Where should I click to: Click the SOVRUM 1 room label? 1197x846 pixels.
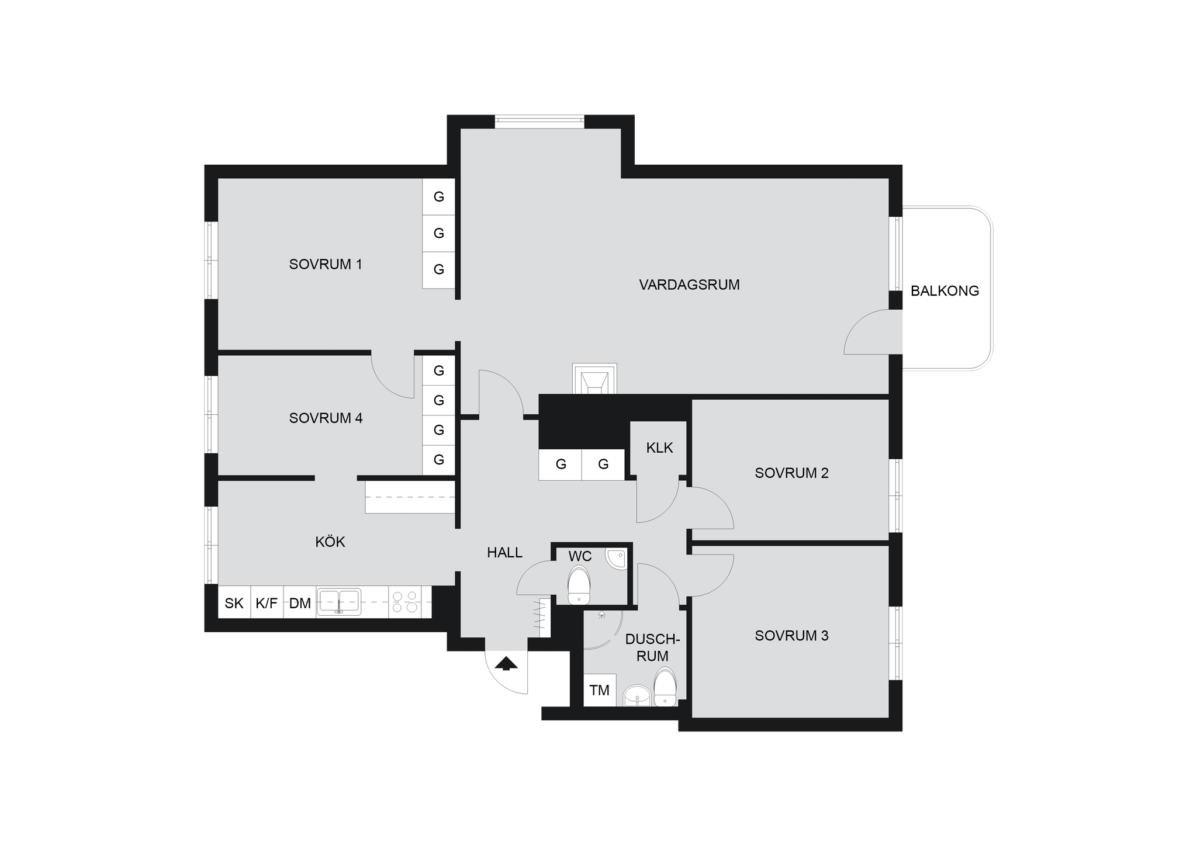pyautogui.click(x=326, y=264)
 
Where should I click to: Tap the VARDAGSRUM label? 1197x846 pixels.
pyautogui.click(x=689, y=285)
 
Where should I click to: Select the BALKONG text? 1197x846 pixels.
pyautogui.click(x=945, y=290)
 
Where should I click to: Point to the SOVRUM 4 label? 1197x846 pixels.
pyautogui.click(x=326, y=418)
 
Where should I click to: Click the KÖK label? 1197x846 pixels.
pyautogui.click(x=330, y=542)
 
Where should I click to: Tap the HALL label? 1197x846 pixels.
pyautogui.click(x=504, y=552)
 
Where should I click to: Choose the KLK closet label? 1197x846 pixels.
pyautogui.click(x=659, y=448)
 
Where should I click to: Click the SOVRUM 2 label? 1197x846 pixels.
pyautogui.click(x=791, y=473)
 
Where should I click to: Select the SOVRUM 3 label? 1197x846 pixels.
pyautogui.click(x=791, y=635)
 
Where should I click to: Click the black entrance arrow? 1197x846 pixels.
pyautogui.click(x=506, y=663)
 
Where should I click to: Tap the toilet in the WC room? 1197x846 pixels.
pyautogui.click(x=579, y=584)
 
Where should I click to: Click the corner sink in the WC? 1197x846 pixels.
pyautogui.click(x=615, y=559)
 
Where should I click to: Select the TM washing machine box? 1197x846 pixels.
pyautogui.click(x=600, y=690)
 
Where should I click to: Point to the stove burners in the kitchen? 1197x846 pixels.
pyautogui.click(x=404, y=602)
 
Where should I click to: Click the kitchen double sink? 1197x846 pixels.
pyautogui.click(x=338, y=602)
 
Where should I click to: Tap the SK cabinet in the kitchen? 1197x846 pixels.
pyautogui.click(x=234, y=602)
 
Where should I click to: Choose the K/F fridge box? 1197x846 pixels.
pyautogui.click(x=267, y=602)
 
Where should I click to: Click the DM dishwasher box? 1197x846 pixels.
pyautogui.click(x=300, y=602)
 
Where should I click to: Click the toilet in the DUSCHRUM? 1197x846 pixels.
pyautogui.click(x=665, y=687)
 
